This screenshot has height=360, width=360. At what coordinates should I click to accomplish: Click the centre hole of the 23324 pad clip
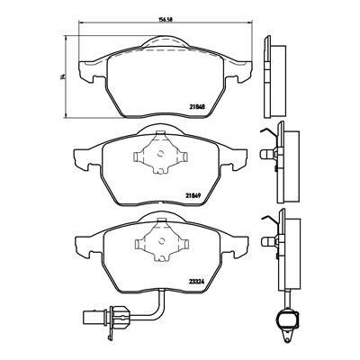coord(160,241)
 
